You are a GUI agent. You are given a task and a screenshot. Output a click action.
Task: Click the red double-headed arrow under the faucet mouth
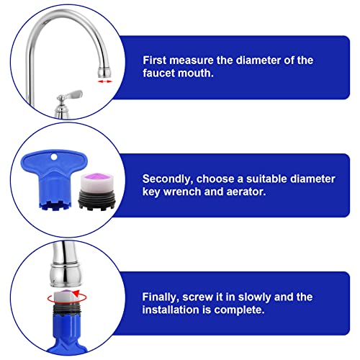105,81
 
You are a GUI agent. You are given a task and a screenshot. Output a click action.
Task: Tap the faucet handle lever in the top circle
71,94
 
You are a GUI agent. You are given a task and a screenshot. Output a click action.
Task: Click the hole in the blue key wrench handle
54,157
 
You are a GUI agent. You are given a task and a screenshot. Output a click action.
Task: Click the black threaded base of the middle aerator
96,199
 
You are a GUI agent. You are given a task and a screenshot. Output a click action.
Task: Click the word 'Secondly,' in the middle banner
168,179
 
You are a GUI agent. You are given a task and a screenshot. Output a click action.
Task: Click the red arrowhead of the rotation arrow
76,294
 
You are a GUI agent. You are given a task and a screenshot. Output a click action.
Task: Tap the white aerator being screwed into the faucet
66,297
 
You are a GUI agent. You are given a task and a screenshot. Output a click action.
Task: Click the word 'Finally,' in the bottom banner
161,297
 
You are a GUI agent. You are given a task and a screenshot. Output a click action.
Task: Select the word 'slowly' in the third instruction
254,297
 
